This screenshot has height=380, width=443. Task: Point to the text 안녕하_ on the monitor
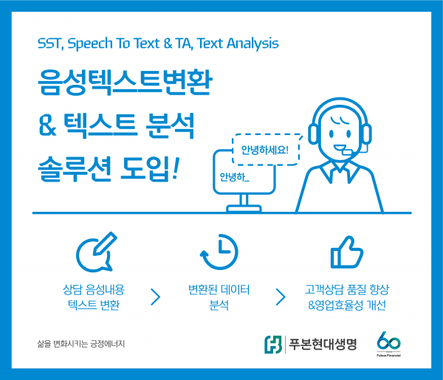pos(235,178)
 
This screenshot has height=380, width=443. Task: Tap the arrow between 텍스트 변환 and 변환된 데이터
pos(155,297)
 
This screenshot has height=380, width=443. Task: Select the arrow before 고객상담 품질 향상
pos(281,297)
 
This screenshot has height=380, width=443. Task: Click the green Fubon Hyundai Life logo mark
pos(273,344)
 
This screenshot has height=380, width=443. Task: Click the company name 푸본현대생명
pos(321,344)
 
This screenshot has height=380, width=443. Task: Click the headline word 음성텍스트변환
pos(124,86)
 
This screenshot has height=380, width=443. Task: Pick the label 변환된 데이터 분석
pos(219,297)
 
